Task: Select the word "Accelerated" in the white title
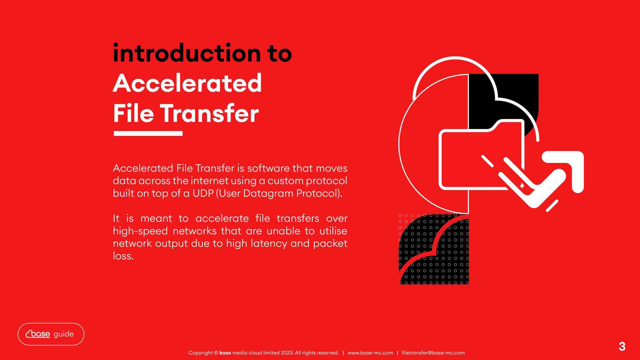(187, 83)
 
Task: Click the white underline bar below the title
(148, 133)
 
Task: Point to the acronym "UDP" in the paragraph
(203, 194)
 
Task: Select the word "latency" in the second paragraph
(269, 244)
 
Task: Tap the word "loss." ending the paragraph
(123, 256)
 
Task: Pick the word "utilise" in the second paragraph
(333, 231)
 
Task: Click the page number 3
(622, 347)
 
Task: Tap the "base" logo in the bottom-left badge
(38, 334)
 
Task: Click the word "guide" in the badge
(64, 334)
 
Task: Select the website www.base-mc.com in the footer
(370, 353)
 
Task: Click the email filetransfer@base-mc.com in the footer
(433, 353)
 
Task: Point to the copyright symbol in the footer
(216, 353)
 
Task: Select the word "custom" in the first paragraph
(285, 181)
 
